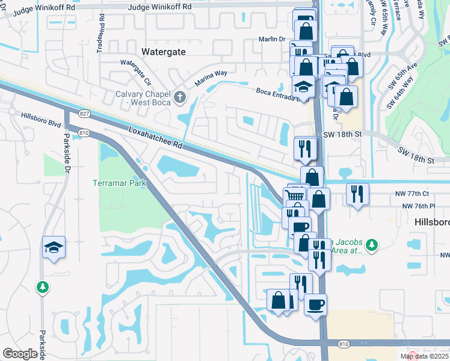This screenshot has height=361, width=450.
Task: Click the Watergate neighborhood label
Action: click(x=163, y=52)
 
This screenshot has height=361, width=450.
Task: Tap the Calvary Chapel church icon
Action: click(x=179, y=96)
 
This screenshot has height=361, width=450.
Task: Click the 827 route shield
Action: click(x=84, y=113)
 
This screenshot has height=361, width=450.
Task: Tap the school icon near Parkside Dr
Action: click(x=54, y=247)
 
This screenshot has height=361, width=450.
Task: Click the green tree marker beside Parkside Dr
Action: click(x=43, y=288)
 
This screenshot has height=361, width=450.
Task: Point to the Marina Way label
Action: click(x=211, y=78)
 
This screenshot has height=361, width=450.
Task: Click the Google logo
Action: click(x=20, y=354)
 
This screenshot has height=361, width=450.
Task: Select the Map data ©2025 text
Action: click(x=425, y=356)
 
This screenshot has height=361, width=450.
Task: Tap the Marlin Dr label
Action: click(x=273, y=39)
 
